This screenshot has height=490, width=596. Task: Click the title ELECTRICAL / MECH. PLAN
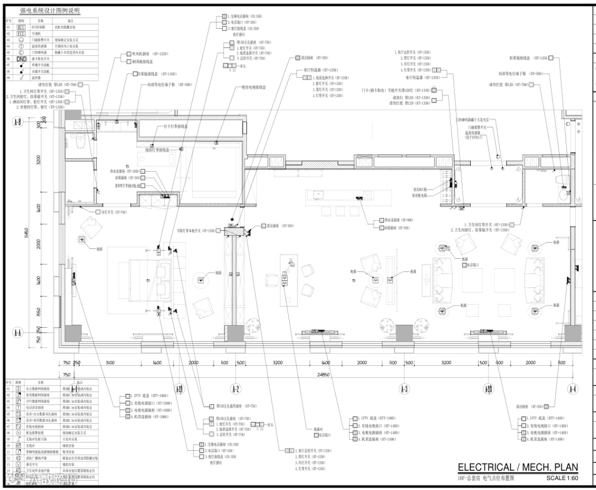[x=518, y=467]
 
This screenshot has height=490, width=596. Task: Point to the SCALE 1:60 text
[x=562, y=478]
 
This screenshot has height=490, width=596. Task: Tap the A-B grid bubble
[x=17, y=122]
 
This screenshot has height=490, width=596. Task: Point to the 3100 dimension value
[x=109, y=363]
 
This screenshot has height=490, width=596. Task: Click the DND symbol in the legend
[x=22, y=58]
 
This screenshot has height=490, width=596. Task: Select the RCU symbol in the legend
[x=22, y=26]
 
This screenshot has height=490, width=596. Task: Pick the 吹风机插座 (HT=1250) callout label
[x=147, y=54]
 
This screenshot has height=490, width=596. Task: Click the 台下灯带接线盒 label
[x=175, y=126]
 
